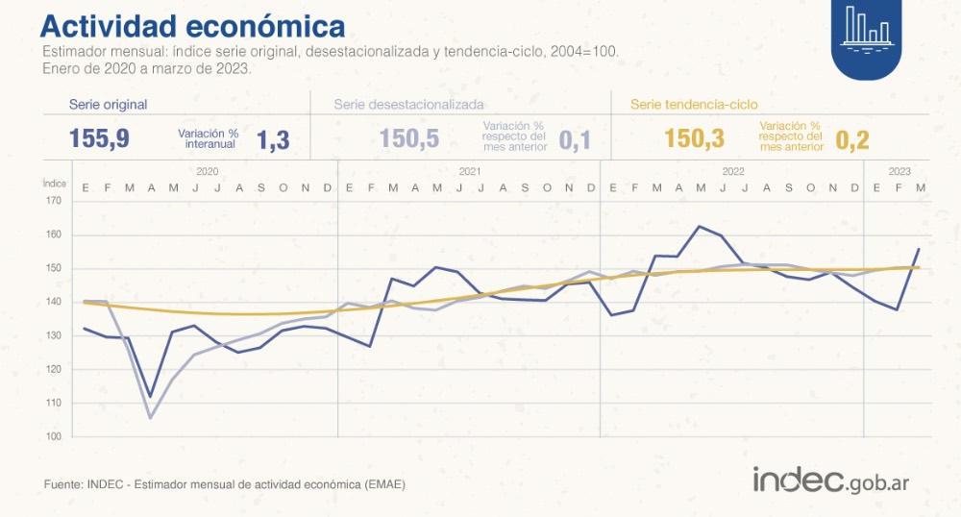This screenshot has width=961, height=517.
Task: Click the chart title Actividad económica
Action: click(x=192, y=24)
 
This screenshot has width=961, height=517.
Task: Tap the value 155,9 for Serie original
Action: click(x=99, y=138)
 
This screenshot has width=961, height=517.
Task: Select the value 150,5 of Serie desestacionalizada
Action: click(x=409, y=138)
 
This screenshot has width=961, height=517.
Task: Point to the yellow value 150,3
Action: click(x=694, y=138)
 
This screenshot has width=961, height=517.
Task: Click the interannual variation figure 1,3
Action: click(x=272, y=140)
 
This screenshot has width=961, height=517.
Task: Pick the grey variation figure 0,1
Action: click(x=574, y=140)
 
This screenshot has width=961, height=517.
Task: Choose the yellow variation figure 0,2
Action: click(x=852, y=140)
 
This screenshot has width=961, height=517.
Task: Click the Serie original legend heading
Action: click(x=108, y=105)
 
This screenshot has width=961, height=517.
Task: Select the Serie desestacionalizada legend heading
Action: click(x=408, y=105)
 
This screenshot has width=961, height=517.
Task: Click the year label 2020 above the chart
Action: click(x=207, y=171)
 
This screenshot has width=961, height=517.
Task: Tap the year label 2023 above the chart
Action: click(x=899, y=171)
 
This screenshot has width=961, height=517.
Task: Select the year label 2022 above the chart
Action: click(x=733, y=171)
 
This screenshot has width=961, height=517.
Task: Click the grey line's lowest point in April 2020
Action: click(x=151, y=418)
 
